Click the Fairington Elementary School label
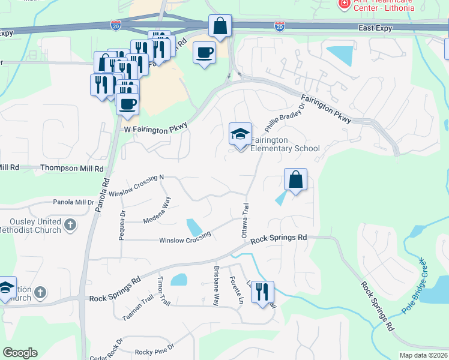tap(285, 144)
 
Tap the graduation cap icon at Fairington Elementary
tap(240, 134)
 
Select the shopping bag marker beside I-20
tap(220, 26)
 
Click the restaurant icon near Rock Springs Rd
tap(262, 292)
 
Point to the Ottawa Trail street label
tap(245, 220)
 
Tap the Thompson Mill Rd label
tap(72, 169)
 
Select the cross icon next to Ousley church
tap(70, 225)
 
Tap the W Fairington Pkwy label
tap(156, 127)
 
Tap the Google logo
tap(20, 353)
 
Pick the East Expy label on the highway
tap(376, 28)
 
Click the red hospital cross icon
tap(344, 4)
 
